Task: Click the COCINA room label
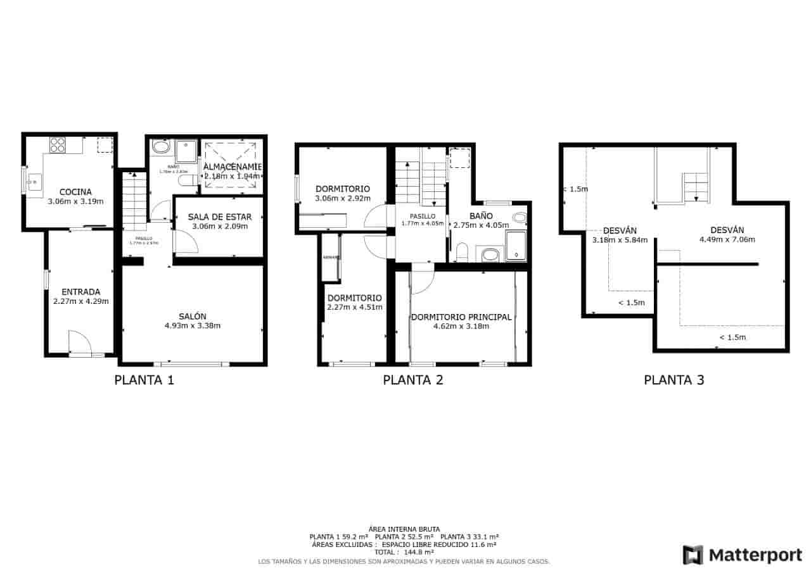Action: tap(75, 192)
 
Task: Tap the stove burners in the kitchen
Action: tap(58, 145)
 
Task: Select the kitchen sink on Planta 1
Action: tap(34, 182)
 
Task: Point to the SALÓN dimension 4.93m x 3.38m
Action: tap(192, 326)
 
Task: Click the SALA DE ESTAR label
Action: tap(219, 217)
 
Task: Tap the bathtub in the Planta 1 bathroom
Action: tap(161, 148)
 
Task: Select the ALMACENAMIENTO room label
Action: tap(232, 167)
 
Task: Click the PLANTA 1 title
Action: tap(144, 380)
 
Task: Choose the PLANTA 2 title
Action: tap(412, 380)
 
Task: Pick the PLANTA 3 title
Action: tap(674, 380)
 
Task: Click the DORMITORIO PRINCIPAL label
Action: tap(461, 317)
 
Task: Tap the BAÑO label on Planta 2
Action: tap(481, 216)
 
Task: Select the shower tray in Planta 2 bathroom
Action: tap(516, 245)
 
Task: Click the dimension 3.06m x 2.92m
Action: tap(342, 199)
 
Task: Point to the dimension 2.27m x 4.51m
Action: tap(354, 308)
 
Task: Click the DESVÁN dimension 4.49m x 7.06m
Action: tap(727, 240)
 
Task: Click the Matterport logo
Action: tap(742, 555)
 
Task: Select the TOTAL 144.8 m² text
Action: tap(404, 552)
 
